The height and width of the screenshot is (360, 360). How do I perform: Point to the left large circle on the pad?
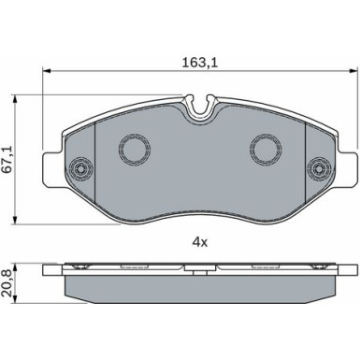tap(132, 146)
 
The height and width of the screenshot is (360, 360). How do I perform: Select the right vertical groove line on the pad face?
tap(306, 159)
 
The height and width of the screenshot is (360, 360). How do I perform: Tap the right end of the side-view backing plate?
tap(352, 270)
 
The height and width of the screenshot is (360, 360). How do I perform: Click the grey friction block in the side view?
tap(200, 292)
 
